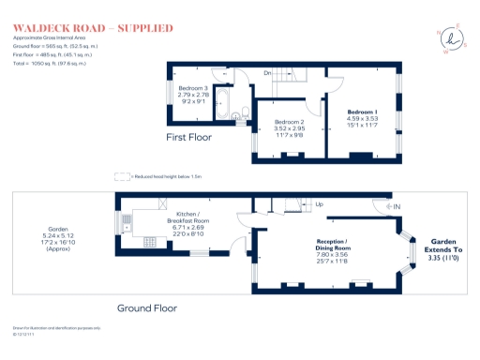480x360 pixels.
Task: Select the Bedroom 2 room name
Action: click(x=291, y=123)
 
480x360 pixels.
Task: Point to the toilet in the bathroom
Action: click(x=244, y=114)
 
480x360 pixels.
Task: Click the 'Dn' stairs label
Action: click(x=267, y=73)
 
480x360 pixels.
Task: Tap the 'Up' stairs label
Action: click(x=319, y=203)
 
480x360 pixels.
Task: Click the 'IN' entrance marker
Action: click(x=397, y=206)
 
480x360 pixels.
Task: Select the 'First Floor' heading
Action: click(x=188, y=137)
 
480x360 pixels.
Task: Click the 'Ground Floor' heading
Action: click(x=147, y=307)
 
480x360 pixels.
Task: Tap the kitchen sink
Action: click(x=125, y=222)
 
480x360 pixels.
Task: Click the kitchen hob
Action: click(x=148, y=240)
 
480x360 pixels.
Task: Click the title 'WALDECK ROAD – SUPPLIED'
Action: click(x=93, y=29)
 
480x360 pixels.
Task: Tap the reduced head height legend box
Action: click(x=120, y=175)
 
